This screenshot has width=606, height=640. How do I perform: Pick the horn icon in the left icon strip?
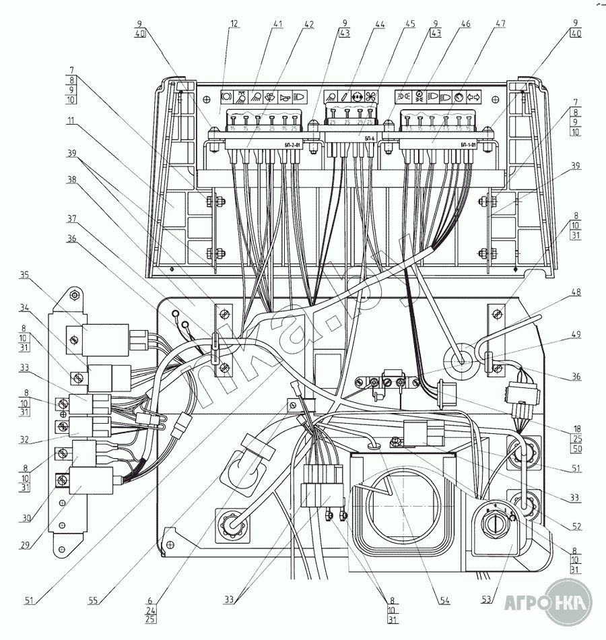coord(285,96)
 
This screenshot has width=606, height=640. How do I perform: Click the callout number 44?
coord(380,24)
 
